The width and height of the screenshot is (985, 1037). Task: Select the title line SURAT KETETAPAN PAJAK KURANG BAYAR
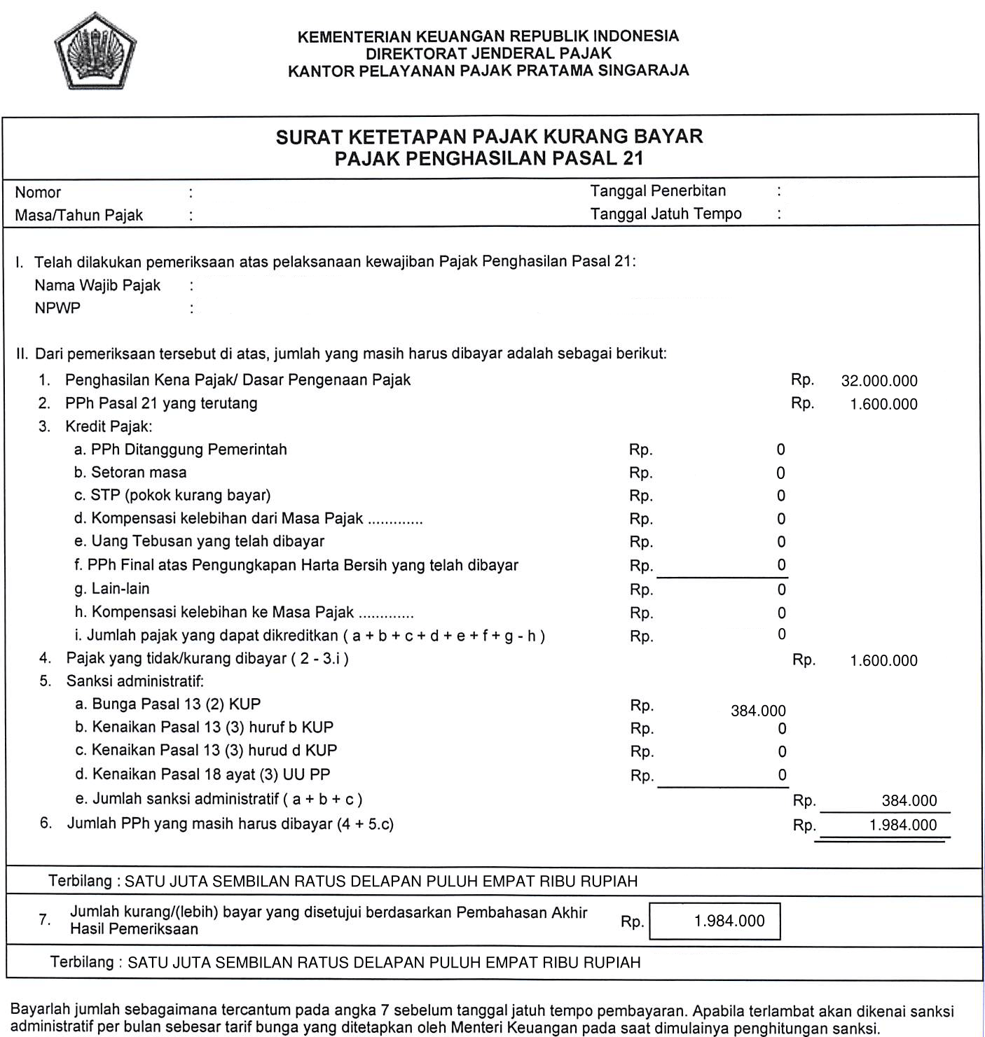pyautogui.click(x=489, y=137)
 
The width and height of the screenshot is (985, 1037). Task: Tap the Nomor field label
pyautogui.click(x=38, y=193)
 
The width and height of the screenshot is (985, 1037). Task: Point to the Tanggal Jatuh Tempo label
pyautogui.click(x=666, y=214)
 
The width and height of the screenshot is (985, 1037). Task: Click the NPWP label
pyautogui.click(x=57, y=308)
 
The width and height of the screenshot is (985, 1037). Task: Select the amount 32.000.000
pyautogui.click(x=879, y=381)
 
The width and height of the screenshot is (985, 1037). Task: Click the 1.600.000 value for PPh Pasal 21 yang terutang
pyautogui.click(x=883, y=404)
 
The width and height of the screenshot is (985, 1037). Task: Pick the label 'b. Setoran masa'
pyautogui.click(x=130, y=473)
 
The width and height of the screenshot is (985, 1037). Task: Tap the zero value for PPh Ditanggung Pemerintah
pyautogui.click(x=780, y=450)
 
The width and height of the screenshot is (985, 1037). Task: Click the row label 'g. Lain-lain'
pyautogui.click(x=112, y=589)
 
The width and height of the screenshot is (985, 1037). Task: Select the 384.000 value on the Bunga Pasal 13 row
pyautogui.click(x=758, y=711)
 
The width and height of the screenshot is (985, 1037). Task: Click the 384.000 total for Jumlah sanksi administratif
pyautogui.click(x=909, y=801)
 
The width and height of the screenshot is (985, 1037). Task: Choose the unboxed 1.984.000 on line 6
pyautogui.click(x=902, y=825)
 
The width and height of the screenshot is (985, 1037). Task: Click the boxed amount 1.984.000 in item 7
pyautogui.click(x=729, y=921)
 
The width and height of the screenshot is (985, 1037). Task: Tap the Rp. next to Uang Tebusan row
pyautogui.click(x=641, y=542)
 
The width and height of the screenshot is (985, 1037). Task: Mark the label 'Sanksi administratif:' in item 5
pyautogui.click(x=135, y=681)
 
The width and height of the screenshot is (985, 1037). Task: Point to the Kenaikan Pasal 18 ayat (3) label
pyautogui.click(x=202, y=774)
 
